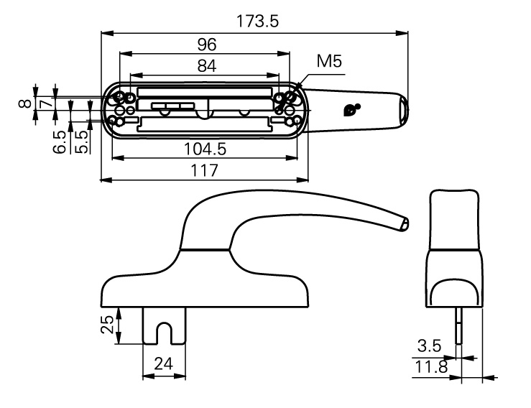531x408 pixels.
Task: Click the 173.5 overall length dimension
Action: pos(257,22)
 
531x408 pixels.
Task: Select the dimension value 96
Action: pos(207,45)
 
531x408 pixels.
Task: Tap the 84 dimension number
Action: pos(207,65)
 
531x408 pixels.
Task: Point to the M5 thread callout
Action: pos(329,62)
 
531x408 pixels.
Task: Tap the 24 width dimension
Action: pos(165,364)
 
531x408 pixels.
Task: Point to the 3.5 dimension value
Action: pos(429,346)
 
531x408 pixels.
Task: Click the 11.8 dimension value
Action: pos(429,367)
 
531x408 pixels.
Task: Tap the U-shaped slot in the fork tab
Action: pos(165,333)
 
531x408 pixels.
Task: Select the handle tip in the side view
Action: pos(405,223)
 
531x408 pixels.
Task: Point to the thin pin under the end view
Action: pos(458,328)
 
